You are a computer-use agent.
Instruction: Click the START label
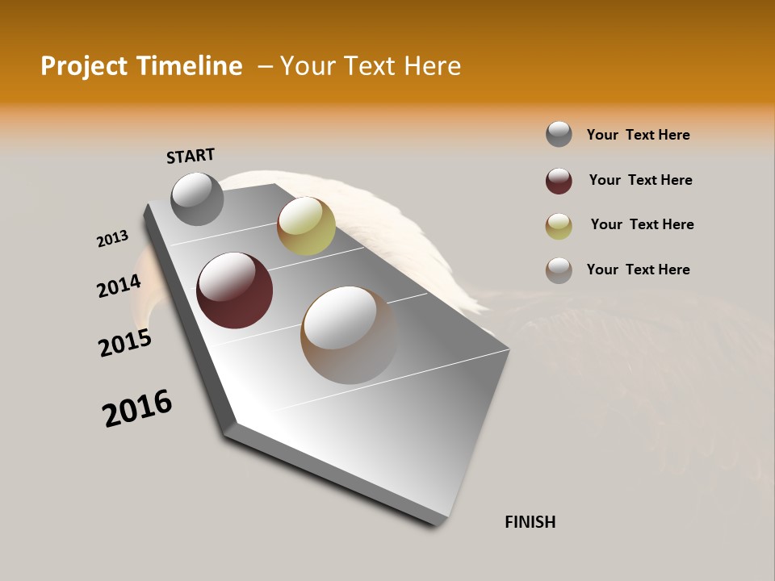point(191,156)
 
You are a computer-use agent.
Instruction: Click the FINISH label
point(530,522)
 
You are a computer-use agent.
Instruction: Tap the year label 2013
point(112,239)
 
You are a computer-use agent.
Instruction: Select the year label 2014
point(119,286)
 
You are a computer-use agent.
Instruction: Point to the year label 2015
point(125,343)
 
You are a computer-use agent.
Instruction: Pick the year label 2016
point(137,408)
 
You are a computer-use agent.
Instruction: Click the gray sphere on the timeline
point(197,199)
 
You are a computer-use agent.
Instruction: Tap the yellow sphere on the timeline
point(306,226)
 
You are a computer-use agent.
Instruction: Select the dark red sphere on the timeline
point(234,290)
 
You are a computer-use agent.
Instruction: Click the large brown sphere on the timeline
point(349,335)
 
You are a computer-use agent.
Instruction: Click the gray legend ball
point(559,135)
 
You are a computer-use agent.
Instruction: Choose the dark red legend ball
point(559,181)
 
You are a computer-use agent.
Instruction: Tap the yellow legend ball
point(559,226)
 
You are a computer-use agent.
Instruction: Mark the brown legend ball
point(559,270)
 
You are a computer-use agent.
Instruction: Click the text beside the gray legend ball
point(638,135)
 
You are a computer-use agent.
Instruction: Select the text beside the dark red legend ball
point(640,180)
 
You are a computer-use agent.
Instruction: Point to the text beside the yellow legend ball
point(642,224)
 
